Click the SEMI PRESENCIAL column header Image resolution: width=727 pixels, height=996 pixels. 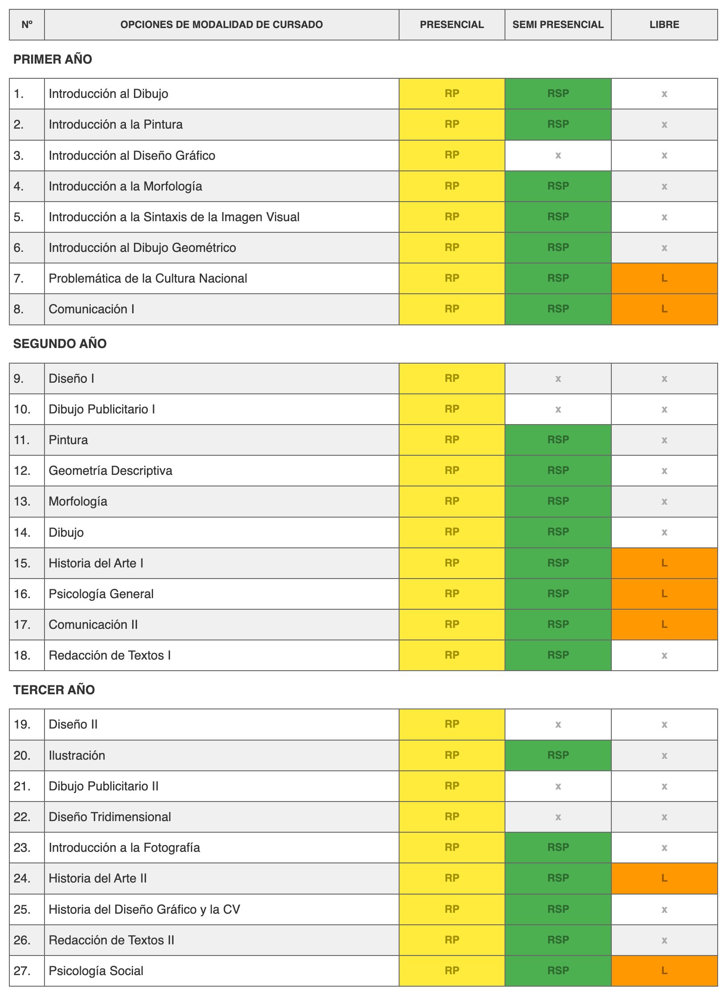click(558, 24)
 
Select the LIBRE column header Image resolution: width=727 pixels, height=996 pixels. click(664, 24)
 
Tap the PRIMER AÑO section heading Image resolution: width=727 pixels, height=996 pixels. click(53, 59)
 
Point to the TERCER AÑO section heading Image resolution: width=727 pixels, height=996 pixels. click(54, 690)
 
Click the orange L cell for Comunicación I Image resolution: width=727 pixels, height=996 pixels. click(664, 309)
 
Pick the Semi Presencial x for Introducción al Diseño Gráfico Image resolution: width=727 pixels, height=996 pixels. click(558, 155)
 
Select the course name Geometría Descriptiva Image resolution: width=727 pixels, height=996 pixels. click(110, 470)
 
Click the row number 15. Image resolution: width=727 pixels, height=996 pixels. click(22, 563)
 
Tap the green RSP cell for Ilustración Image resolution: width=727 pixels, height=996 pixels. click(558, 755)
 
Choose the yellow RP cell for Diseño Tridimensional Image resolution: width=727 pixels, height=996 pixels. click(452, 817)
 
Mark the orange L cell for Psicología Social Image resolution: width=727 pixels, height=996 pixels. click(664, 971)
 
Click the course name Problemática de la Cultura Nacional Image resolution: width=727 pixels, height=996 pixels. click(148, 278)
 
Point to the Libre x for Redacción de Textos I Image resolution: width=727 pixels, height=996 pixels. click(664, 655)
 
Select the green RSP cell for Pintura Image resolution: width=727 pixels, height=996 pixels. click(558, 440)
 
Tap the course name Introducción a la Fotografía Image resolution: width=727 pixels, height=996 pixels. click(124, 847)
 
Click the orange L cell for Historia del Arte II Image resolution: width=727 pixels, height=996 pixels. click(664, 878)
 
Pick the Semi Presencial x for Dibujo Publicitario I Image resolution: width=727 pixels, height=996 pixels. click(558, 409)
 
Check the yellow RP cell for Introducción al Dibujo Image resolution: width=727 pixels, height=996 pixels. click(452, 93)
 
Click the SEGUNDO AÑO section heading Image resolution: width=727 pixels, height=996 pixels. click(60, 344)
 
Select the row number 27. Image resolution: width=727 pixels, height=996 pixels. click(22, 971)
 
